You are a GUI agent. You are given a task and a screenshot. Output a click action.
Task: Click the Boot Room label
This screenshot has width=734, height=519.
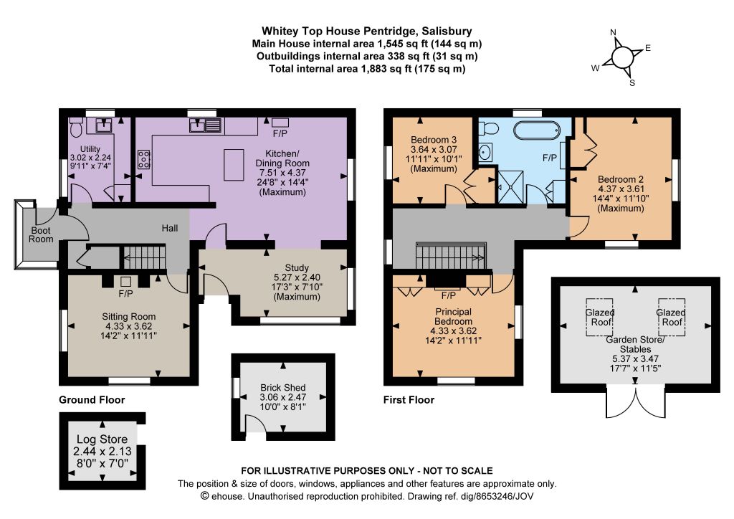[x=41, y=235]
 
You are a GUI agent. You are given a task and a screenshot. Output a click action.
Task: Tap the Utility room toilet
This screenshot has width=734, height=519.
[x=76, y=126]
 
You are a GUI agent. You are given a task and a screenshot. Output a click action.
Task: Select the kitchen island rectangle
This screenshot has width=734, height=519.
[x=234, y=164]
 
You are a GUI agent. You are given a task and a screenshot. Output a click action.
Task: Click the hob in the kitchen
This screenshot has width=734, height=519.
[x=143, y=159]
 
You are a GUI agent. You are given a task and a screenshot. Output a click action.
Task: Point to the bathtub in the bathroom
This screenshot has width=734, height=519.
[x=536, y=130]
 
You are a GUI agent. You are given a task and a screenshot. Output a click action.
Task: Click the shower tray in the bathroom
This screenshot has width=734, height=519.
[x=510, y=187]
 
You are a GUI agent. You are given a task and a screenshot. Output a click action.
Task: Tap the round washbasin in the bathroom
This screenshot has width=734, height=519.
[x=485, y=152]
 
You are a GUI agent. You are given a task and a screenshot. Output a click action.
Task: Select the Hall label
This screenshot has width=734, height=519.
[x=170, y=229]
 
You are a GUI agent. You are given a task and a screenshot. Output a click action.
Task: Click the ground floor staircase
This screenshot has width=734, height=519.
[x=144, y=257]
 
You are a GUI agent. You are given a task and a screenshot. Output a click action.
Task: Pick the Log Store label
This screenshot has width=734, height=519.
[x=102, y=439]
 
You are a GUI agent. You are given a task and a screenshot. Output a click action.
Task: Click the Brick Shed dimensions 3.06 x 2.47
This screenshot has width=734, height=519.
[x=282, y=397]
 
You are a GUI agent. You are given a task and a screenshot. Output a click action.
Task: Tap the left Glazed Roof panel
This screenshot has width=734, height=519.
[x=600, y=318]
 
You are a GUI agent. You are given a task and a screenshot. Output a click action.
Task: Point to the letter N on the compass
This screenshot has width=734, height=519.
[x=614, y=32]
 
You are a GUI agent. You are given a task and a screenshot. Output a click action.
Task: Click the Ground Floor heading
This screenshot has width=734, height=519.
[x=92, y=400]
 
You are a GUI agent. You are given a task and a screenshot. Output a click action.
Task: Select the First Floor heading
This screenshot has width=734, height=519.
[x=409, y=400]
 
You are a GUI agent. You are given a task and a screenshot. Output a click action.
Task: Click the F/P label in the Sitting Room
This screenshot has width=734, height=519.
[x=125, y=294]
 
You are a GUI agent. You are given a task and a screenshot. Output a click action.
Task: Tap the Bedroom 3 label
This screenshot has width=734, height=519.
[x=434, y=140]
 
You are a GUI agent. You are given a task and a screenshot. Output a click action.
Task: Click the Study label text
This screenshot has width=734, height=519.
[x=297, y=267]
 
